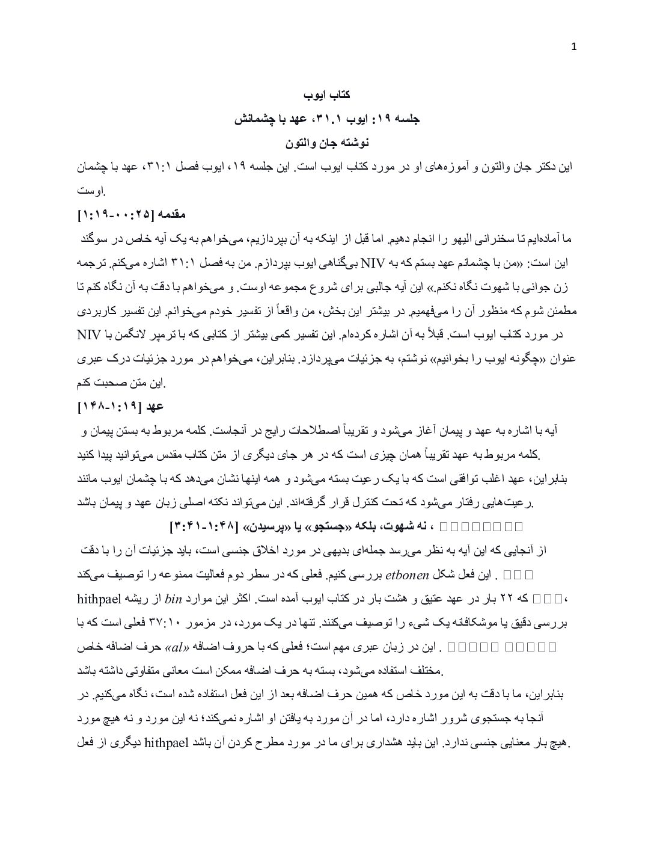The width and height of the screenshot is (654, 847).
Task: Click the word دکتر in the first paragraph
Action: (546, 167)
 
